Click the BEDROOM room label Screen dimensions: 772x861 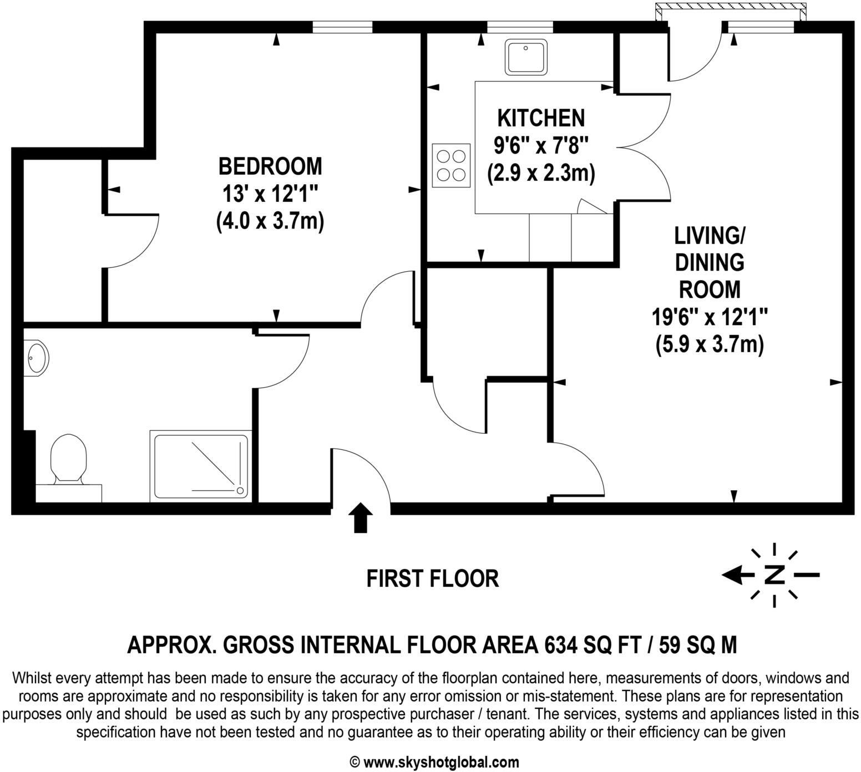coord(270,166)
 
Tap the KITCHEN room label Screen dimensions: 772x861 coord(541,118)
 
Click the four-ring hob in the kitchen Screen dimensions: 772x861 coord(450,165)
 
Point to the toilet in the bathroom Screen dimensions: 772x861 coord(68,459)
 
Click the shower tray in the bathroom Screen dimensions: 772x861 coord(201,465)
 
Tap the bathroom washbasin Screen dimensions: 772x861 coord(37,358)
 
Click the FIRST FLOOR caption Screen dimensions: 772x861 coord(433,578)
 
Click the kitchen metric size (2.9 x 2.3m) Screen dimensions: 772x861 coord(541,174)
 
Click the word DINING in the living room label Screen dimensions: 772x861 coord(710,262)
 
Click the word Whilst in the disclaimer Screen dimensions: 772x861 coord(33,678)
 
